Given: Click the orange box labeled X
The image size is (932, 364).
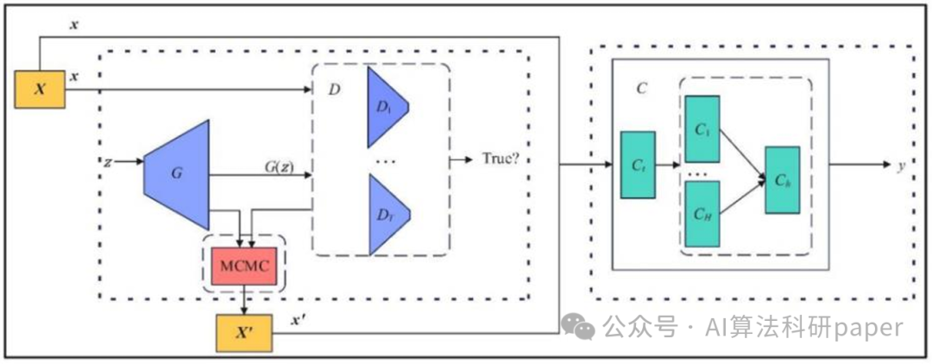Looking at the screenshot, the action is coord(40,89).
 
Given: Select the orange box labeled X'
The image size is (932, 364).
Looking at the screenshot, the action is coord(244,333).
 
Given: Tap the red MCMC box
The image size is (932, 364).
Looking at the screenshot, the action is coord(244,266).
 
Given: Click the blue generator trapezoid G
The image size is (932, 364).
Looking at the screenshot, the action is coord(177,174).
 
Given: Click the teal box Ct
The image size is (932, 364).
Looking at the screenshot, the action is coord(638,165).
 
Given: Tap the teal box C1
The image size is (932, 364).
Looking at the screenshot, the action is coord(702,129).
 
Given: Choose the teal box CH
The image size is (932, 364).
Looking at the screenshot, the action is coord(702,214).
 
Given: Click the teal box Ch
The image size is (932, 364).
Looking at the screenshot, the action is coord(782,180).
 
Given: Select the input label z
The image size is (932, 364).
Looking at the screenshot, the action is coord(107,161).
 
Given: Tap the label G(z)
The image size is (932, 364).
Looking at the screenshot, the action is coord(278,166).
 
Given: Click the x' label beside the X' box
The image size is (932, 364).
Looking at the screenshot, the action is coord(297,321).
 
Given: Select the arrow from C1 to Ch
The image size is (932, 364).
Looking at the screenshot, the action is coord(742,153).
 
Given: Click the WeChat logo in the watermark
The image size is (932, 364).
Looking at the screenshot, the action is coord(578,327).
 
